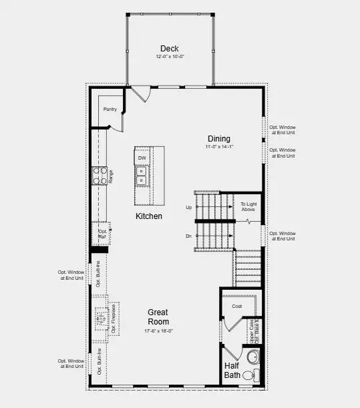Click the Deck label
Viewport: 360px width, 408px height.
pyautogui.click(x=169, y=48)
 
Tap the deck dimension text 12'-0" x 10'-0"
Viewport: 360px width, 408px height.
pyautogui.click(x=169, y=57)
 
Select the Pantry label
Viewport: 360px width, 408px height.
pyautogui.click(x=110, y=109)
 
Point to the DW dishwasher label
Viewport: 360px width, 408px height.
pyautogui.click(x=142, y=158)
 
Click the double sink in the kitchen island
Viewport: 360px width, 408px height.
pyautogui.click(x=142, y=176)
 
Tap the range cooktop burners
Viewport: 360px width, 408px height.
pyautogui.click(x=99, y=176)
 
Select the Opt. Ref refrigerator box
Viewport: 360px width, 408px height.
pyautogui.click(x=102, y=233)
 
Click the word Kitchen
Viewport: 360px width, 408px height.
pyautogui.click(x=149, y=216)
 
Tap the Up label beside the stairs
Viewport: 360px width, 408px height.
pyautogui.click(x=188, y=208)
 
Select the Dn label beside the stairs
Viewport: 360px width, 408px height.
pyautogui.click(x=188, y=236)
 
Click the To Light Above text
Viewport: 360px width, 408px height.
pyautogui.click(x=248, y=206)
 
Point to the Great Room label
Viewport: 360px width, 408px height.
pyautogui.click(x=158, y=317)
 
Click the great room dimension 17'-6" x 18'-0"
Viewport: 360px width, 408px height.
pyautogui.click(x=158, y=331)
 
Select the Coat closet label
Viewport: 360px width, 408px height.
pyautogui.click(x=236, y=307)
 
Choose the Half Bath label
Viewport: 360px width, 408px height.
pyautogui.click(x=232, y=370)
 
